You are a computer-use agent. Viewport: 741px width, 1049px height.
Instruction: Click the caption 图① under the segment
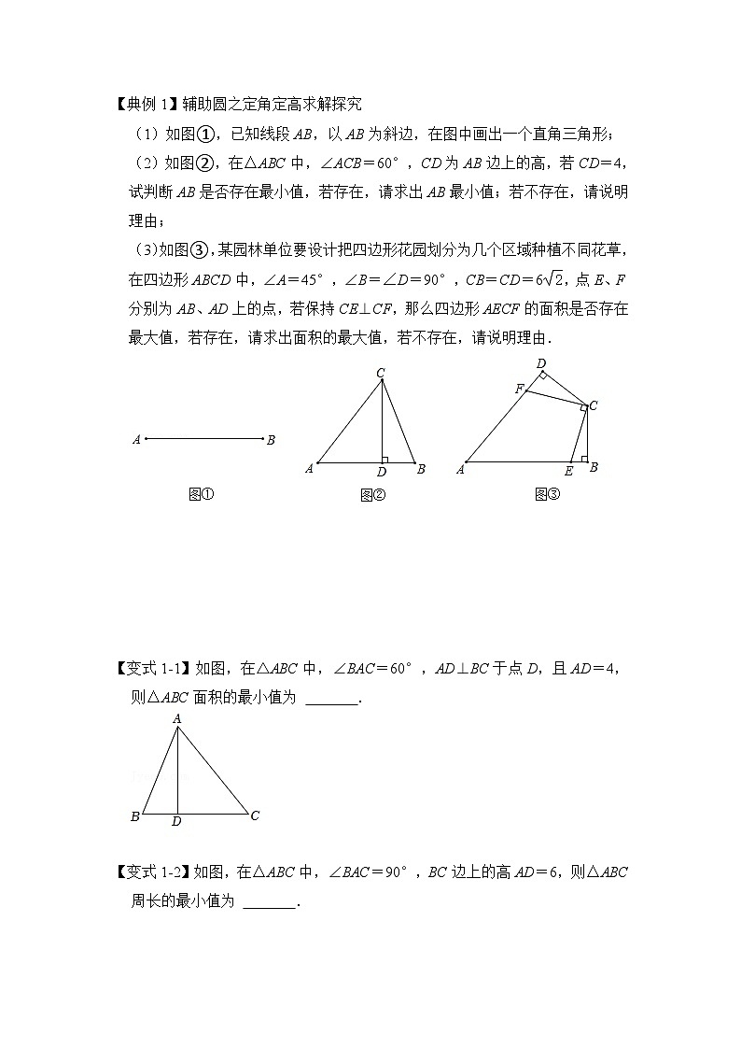tap(202, 495)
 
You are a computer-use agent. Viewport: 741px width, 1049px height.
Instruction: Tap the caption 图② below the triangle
tap(373, 495)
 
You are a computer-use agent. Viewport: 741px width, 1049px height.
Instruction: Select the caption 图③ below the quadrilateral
tap(547, 495)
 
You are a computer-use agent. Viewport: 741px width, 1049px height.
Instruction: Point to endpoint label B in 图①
tap(271, 440)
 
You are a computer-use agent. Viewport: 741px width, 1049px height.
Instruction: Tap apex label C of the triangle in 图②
tap(381, 374)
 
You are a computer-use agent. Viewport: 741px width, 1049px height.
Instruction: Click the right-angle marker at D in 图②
tap(385, 459)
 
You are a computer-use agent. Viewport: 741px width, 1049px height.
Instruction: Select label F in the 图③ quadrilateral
tap(519, 388)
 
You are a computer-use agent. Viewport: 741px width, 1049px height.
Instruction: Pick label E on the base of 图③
tap(569, 471)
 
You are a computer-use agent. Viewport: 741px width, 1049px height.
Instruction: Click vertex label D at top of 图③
tap(540, 362)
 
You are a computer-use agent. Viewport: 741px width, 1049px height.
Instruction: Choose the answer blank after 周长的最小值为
tap(268, 902)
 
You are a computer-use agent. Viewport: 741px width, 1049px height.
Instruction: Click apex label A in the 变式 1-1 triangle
tap(176, 718)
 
